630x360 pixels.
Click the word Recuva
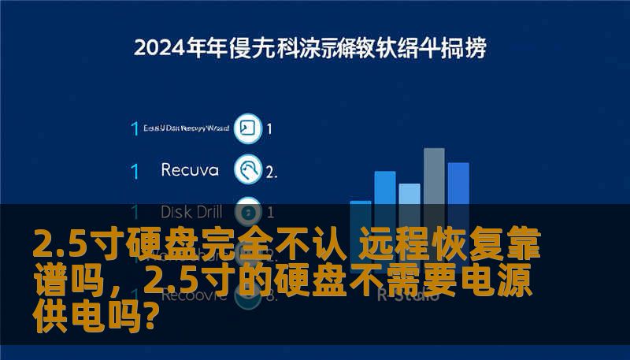click(x=190, y=169)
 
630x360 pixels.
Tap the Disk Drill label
click(x=191, y=211)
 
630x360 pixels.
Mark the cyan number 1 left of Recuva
click(x=135, y=170)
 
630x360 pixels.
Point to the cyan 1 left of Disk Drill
click(x=135, y=212)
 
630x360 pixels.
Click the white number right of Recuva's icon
click(x=270, y=170)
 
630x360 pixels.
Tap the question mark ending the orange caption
click(x=155, y=314)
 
